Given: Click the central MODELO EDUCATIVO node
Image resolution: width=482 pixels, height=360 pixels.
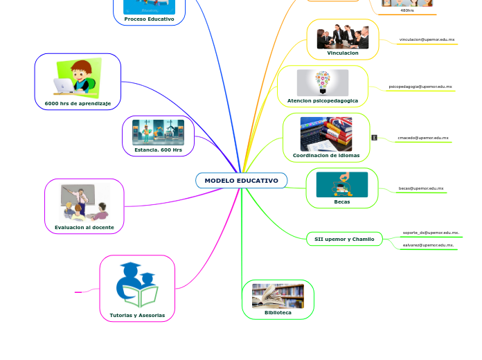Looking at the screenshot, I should click(241, 181).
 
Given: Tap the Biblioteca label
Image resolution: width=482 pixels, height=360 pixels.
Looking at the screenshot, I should click(278, 313).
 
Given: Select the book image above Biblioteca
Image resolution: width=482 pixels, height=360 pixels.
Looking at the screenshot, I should click(278, 296).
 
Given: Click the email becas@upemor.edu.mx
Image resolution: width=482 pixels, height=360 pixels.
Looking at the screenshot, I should click(421, 188).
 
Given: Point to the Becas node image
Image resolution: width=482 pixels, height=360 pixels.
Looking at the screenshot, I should click(342, 185).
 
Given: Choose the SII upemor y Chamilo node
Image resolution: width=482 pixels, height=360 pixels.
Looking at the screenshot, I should click(344, 239).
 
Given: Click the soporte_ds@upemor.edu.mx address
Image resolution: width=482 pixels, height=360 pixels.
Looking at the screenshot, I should click(431, 233).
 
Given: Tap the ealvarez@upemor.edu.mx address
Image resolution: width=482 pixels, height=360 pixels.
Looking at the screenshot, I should click(428, 245).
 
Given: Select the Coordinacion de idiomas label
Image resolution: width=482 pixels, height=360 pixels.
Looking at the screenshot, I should click(326, 156).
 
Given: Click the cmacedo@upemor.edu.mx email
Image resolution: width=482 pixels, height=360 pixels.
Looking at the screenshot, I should click(422, 138).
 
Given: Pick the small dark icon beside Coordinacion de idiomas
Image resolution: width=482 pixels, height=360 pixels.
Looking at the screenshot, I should click(374, 138).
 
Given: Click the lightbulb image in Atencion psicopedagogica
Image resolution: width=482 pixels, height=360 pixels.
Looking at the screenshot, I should click(323, 82).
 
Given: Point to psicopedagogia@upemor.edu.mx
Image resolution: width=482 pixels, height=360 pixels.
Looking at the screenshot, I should click(420, 87).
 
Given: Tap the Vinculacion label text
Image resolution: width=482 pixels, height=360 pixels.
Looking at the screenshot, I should click(343, 53).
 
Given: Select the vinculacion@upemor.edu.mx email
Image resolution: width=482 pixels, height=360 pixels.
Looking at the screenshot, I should click(427, 40).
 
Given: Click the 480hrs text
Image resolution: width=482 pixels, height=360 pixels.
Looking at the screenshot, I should click(407, 10).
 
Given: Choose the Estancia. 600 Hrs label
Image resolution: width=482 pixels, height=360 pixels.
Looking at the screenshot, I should click(158, 150).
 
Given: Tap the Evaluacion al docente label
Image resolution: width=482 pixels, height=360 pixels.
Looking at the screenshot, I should click(84, 227).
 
